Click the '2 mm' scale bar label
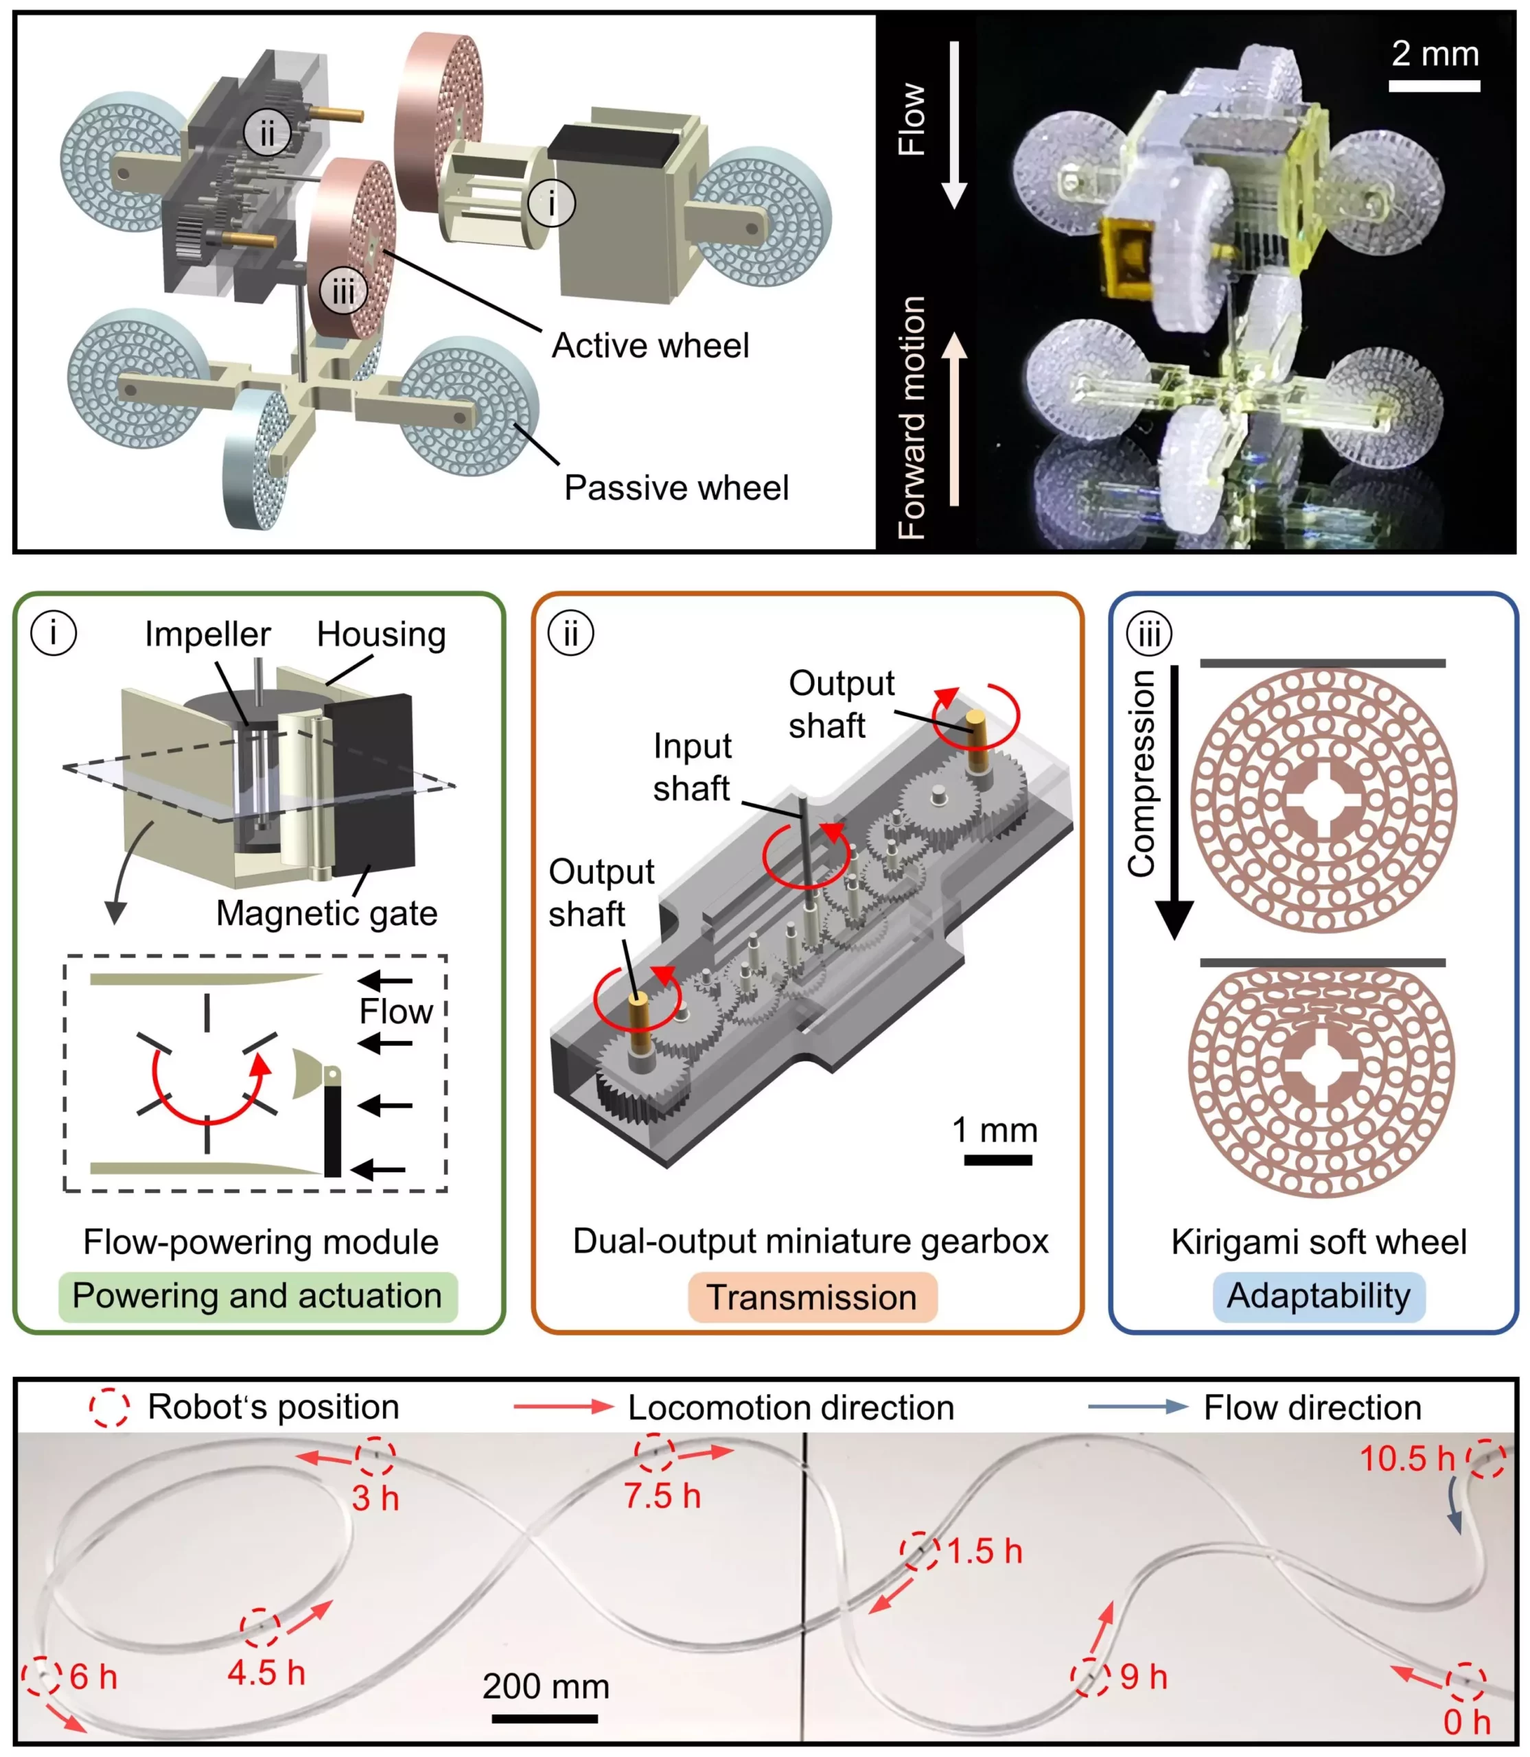point(1435,54)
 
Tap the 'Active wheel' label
point(651,346)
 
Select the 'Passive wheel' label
point(676,487)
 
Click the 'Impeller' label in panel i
point(207,634)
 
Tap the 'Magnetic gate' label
point(326,914)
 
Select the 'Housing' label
point(381,634)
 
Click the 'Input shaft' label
point(692,767)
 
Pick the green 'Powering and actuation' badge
point(257,1296)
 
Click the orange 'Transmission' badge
point(812,1298)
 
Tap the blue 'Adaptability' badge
point(1319,1296)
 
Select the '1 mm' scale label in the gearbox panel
point(995,1130)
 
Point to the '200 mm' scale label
point(546,1686)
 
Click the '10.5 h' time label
point(1406,1458)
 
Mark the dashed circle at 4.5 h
point(259,1627)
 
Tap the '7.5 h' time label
point(662,1496)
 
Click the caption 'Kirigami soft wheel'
point(1319,1242)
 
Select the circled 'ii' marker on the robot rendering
point(267,133)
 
